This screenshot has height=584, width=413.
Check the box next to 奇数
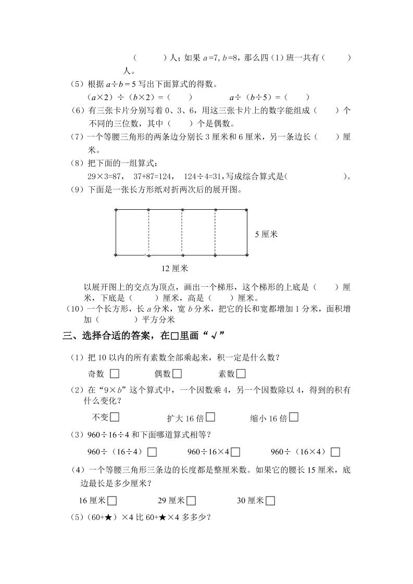click(115, 373)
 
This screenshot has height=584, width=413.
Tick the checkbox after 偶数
click(177, 373)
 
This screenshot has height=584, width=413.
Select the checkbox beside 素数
click(241, 373)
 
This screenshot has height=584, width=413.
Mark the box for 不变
click(115, 416)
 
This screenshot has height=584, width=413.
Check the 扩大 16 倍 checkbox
click(210, 417)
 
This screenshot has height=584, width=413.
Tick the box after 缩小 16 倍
click(294, 416)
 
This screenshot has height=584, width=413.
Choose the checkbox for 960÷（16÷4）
click(152, 452)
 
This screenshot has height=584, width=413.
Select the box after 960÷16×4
click(235, 452)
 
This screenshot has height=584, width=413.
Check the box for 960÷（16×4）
click(335, 452)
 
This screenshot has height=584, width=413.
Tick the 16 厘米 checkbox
click(111, 501)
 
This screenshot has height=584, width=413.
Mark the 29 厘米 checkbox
click(191, 501)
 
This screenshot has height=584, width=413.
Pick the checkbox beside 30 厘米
click(270, 501)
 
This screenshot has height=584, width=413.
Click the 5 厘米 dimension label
click(266, 234)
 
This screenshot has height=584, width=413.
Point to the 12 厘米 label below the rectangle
click(175, 269)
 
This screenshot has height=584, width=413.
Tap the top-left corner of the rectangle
click(116, 210)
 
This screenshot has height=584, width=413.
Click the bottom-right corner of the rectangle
click(247, 255)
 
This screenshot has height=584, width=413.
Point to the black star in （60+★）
click(102, 518)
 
